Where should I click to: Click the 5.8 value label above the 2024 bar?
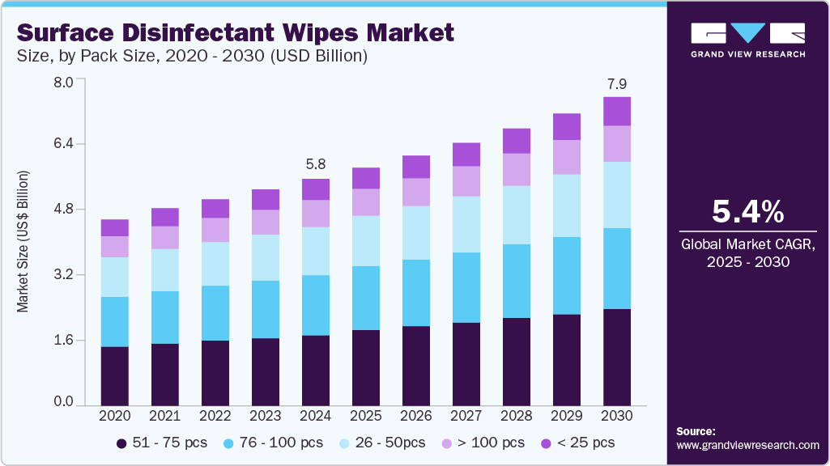pos(316,164)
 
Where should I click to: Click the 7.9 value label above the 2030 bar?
pos(617,83)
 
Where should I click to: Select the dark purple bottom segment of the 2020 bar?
pos(115,375)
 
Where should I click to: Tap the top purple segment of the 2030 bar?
pos(617,112)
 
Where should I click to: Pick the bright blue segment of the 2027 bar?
pos(466,287)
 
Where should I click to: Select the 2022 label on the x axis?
pos(215,415)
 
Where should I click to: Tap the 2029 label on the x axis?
pos(567,415)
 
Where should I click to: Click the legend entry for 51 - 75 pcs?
pos(162,443)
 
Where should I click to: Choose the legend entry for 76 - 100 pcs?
pos(272,443)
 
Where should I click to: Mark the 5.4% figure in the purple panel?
pos(747,212)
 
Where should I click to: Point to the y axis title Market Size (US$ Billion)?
pos(23,241)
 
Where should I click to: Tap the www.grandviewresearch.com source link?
pos(747,445)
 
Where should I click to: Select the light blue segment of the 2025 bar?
pos(366,240)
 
